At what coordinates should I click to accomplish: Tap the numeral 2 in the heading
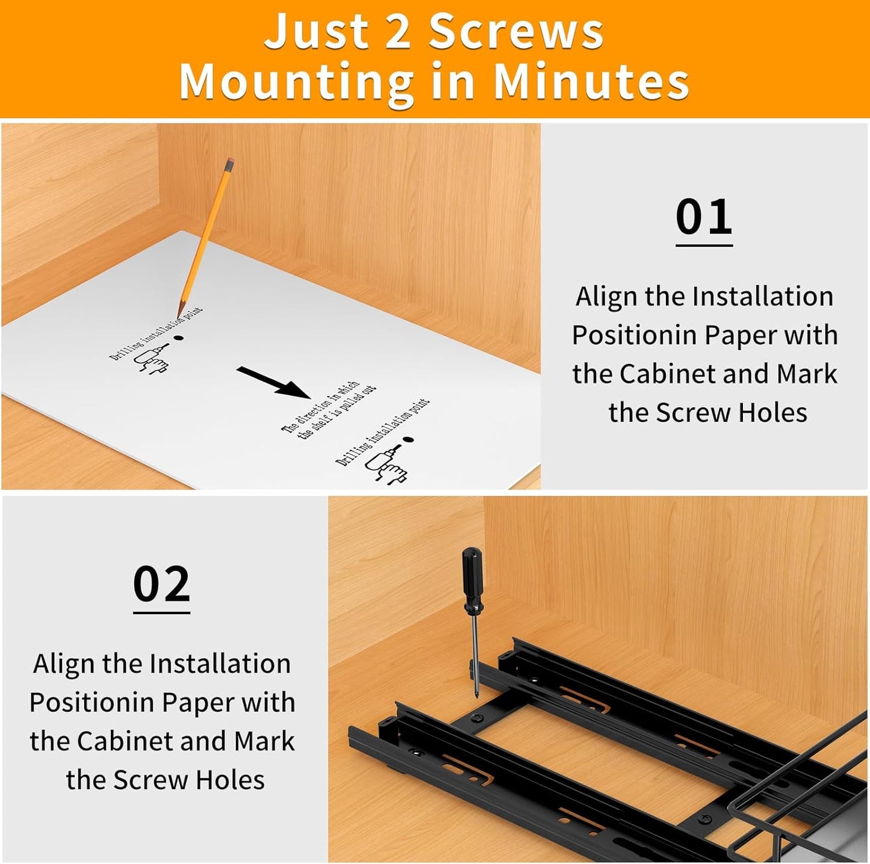point(397,31)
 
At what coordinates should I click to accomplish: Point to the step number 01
point(703,217)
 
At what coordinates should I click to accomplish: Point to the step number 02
point(161,584)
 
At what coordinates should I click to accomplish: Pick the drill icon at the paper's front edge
point(388,465)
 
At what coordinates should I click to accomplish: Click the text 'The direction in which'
point(321,407)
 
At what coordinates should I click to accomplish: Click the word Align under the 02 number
point(64,664)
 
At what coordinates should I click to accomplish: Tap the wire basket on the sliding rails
point(801,806)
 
